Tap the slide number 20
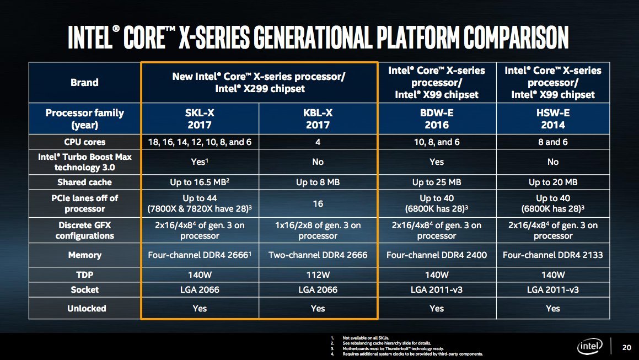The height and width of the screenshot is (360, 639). pyautogui.click(x=626, y=347)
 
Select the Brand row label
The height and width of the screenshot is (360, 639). pyautogui.click(x=84, y=83)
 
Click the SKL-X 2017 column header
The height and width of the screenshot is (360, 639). pyautogui.click(x=200, y=118)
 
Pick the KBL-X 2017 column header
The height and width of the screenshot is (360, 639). pyautogui.click(x=318, y=118)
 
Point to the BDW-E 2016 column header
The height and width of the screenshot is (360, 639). pyautogui.click(x=436, y=118)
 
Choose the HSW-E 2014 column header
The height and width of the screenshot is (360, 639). pyautogui.click(x=553, y=118)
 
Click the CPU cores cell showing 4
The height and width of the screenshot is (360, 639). pyautogui.click(x=318, y=142)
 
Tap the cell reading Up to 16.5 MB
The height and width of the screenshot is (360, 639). pyautogui.click(x=200, y=182)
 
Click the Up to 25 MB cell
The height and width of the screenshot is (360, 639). pyautogui.click(x=436, y=182)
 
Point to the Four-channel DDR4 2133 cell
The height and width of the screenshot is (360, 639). pyautogui.click(x=553, y=255)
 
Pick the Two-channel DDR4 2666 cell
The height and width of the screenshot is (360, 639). pyautogui.click(x=318, y=255)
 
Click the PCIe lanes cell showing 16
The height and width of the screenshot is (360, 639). pyautogui.click(x=318, y=203)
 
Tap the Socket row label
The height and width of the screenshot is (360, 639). pyautogui.click(x=84, y=289)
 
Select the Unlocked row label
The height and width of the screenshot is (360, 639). pyautogui.click(x=84, y=308)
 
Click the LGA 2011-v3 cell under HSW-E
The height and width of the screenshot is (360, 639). pyautogui.click(x=553, y=289)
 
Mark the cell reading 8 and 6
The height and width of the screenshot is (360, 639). pyautogui.click(x=553, y=142)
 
